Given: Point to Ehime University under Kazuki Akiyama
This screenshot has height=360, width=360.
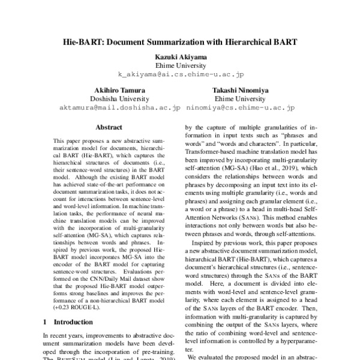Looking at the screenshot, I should pyautogui.click(x=181, y=65).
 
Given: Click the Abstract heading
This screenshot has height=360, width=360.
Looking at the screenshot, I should pyautogui.click(x=109, y=127).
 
